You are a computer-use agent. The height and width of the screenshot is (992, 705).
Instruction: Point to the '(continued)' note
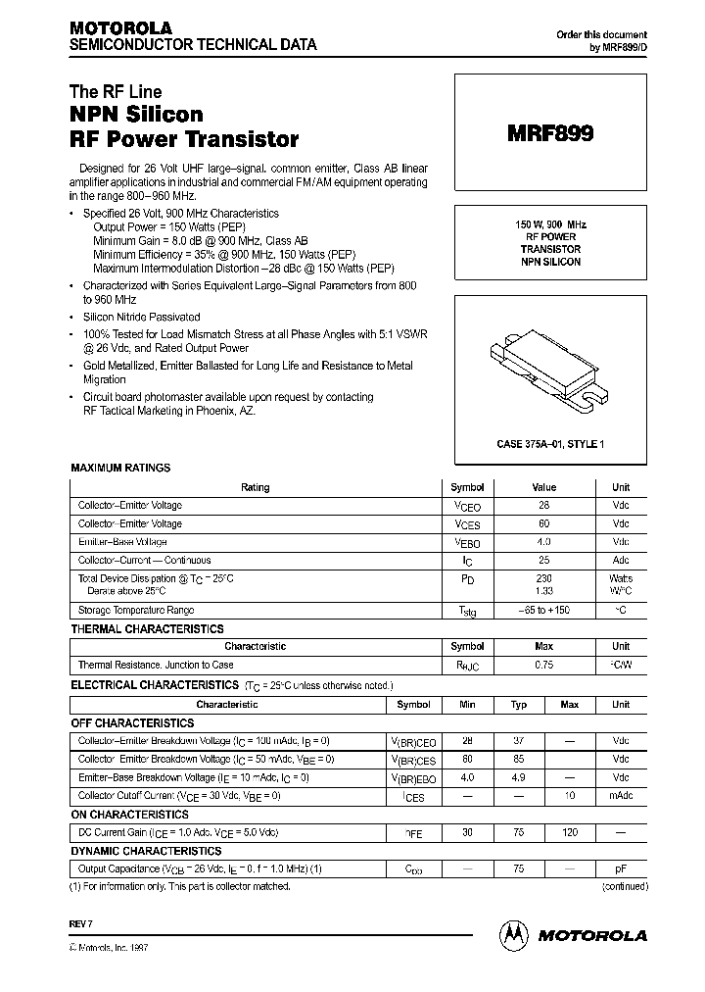point(624,886)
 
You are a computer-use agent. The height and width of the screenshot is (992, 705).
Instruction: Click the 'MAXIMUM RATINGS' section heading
point(120,469)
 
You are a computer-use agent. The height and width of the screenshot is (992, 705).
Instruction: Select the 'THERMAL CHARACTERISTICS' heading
point(147,629)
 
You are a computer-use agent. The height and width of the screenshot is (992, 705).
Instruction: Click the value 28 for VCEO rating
point(543,506)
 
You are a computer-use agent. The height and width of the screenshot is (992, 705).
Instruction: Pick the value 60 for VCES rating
point(543,524)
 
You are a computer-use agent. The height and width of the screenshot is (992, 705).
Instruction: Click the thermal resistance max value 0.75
point(543,666)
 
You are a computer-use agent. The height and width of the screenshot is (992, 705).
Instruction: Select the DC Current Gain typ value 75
point(519,832)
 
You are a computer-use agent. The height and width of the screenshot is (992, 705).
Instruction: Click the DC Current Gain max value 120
point(570,832)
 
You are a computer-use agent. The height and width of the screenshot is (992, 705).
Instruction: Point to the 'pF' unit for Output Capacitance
point(621,868)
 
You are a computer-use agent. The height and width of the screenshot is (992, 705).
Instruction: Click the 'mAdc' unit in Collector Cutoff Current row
point(621,795)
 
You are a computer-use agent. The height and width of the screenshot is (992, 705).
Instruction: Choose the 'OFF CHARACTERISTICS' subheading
point(132,722)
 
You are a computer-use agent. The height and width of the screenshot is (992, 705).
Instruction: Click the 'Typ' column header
point(519,705)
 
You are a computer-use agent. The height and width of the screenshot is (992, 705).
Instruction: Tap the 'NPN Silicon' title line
point(136,115)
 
